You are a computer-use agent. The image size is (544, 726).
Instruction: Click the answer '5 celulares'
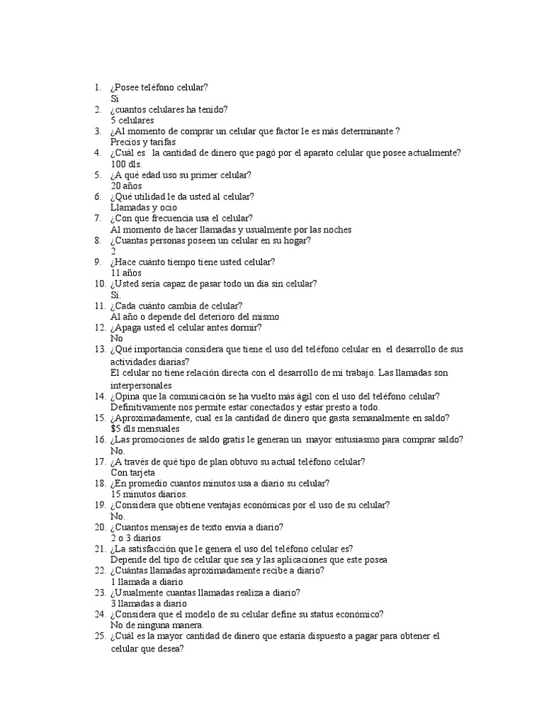(x=132, y=121)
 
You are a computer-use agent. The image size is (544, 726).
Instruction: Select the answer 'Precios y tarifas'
(x=143, y=142)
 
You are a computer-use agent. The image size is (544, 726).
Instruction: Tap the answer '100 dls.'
(x=127, y=164)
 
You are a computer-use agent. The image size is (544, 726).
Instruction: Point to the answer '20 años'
(x=127, y=186)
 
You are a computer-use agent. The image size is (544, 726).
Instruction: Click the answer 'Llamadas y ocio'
(x=144, y=207)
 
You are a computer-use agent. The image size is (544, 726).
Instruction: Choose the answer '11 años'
(x=127, y=272)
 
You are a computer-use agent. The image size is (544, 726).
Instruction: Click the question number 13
(x=99, y=350)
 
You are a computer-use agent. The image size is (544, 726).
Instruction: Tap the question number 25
(x=99, y=636)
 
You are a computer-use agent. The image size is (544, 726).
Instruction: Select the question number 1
(x=98, y=88)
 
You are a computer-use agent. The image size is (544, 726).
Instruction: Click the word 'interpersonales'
(x=142, y=385)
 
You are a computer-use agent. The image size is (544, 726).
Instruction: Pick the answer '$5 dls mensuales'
(x=145, y=429)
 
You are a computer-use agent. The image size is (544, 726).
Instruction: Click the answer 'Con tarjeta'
(x=132, y=472)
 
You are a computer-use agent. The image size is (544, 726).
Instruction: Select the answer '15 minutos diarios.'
(x=149, y=494)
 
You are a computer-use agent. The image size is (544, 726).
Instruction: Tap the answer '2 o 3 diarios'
(x=136, y=537)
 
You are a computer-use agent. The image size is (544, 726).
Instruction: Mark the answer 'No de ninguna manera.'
(x=157, y=625)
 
